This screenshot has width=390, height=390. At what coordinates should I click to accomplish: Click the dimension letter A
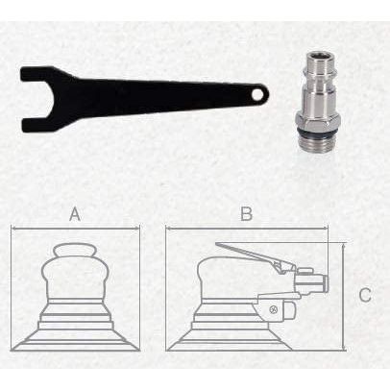click(x=75, y=215)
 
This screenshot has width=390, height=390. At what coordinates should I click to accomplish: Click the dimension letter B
click(x=246, y=214)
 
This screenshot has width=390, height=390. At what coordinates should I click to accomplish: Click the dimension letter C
click(x=365, y=295)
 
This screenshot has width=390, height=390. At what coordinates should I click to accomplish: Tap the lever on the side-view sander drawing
click(x=250, y=256)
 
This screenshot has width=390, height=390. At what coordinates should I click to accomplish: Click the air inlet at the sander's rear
click(x=312, y=282)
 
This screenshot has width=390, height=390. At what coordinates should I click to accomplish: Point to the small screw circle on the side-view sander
click(x=275, y=308)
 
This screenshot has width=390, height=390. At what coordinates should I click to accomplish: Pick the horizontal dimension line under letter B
click(x=246, y=232)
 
